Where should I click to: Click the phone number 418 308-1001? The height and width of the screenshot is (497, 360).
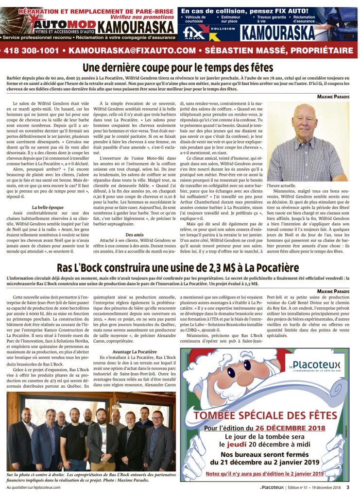point(33,50)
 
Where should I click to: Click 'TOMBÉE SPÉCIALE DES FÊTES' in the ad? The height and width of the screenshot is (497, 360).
point(265,416)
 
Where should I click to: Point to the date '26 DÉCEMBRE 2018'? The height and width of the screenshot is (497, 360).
point(290,428)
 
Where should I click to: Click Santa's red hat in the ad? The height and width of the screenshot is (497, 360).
point(228,364)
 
